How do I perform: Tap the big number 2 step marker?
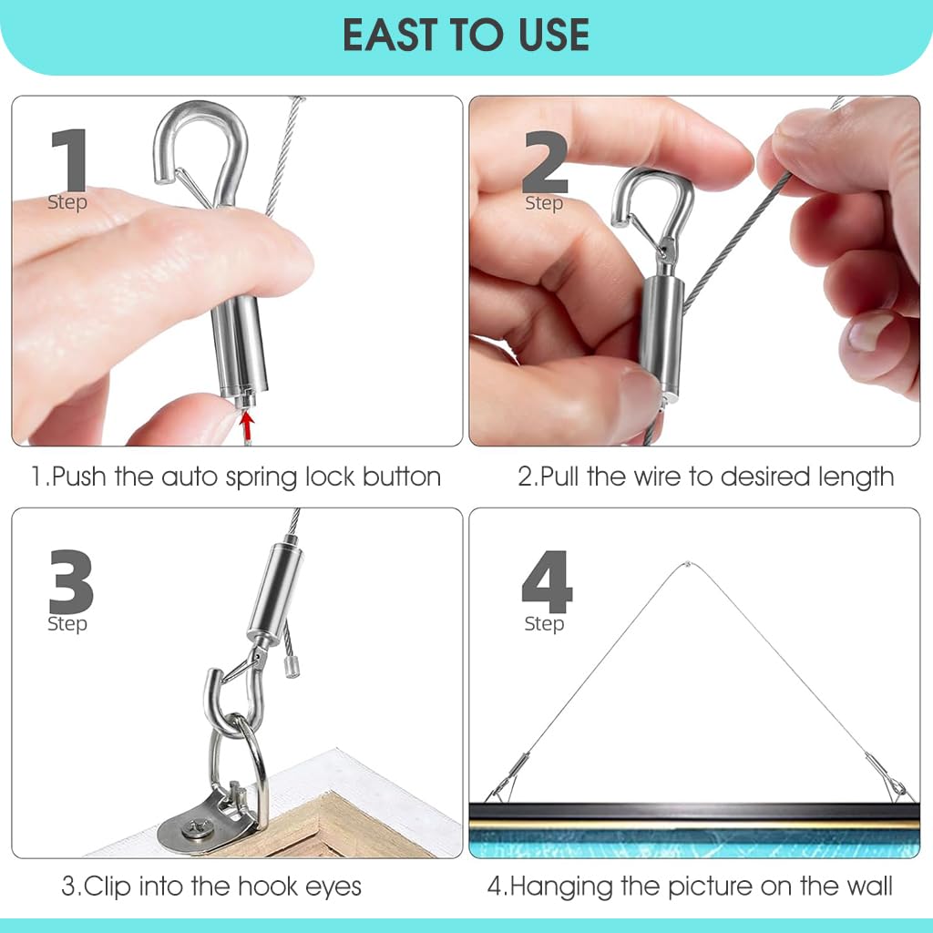pyautogui.click(x=546, y=161)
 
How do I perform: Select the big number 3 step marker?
pyautogui.click(x=70, y=583)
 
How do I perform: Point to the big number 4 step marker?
pyautogui.click(x=547, y=583)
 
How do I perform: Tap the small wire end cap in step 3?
pyautogui.click(x=292, y=668)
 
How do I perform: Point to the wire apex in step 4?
pyautogui.click(x=691, y=564)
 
